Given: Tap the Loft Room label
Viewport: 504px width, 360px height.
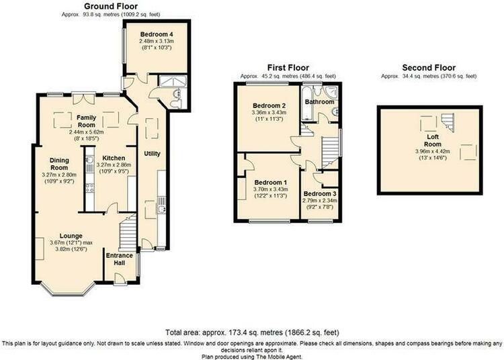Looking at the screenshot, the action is (x=432, y=140).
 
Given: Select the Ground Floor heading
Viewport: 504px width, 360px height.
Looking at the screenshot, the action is (x=111, y=7).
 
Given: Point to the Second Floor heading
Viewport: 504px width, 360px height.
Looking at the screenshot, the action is (x=429, y=68).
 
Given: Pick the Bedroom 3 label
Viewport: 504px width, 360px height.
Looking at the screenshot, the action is (x=320, y=194).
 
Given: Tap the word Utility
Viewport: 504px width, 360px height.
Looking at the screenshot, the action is (x=152, y=154).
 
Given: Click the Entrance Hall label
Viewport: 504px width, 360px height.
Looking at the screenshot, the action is (x=119, y=259).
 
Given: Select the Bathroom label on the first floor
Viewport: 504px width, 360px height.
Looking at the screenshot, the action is (x=319, y=102).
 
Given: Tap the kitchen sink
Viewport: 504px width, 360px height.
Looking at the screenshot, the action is (x=89, y=161).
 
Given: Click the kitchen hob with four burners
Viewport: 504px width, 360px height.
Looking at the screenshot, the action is (x=89, y=187).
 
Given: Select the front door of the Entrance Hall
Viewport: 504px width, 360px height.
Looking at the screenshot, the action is (x=120, y=279).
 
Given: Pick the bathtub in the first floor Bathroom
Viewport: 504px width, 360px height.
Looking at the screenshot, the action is (x=307, y=103).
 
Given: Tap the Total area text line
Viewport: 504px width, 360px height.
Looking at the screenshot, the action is (x=252, y=332).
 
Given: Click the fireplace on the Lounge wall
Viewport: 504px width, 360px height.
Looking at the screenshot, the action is (x=39, y=249).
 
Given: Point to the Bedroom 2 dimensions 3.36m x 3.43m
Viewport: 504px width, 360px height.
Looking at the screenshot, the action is (x=269, y=113).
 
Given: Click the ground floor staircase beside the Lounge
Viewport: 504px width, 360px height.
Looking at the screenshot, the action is (x=128, y=234).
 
